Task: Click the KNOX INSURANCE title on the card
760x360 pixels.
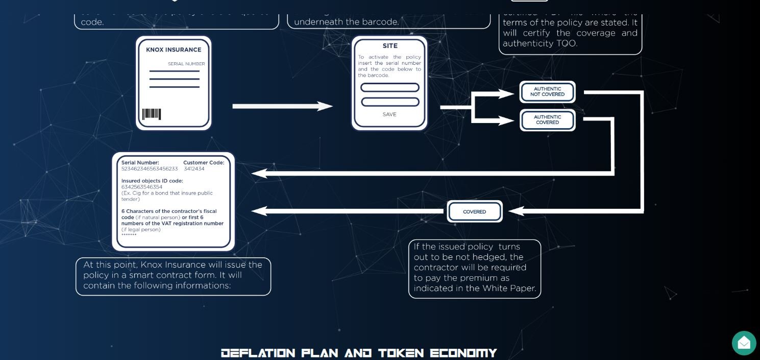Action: [x=174, y=50]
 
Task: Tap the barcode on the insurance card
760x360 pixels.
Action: [x=151, y=114]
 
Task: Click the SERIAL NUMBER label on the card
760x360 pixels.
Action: [x=186, y=64]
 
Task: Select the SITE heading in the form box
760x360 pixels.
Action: [x=389, y=46]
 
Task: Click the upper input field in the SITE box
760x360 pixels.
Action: [x=390, y=88]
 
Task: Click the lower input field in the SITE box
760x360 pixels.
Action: [x=390, y=102]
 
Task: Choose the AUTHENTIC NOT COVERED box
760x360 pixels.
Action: [x=547, y=92]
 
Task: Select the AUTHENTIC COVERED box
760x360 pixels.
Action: [x=547, y=120]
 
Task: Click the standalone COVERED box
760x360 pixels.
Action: [x=475, y=211]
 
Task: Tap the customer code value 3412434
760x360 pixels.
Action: [x=194, y=169]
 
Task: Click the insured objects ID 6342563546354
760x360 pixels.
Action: [x=142, y=187]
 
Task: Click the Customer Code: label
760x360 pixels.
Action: [x=204, y=163]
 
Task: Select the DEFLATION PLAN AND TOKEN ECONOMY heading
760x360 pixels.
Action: [x=359, y=353]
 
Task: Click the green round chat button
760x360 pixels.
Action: [x=744, y=343]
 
